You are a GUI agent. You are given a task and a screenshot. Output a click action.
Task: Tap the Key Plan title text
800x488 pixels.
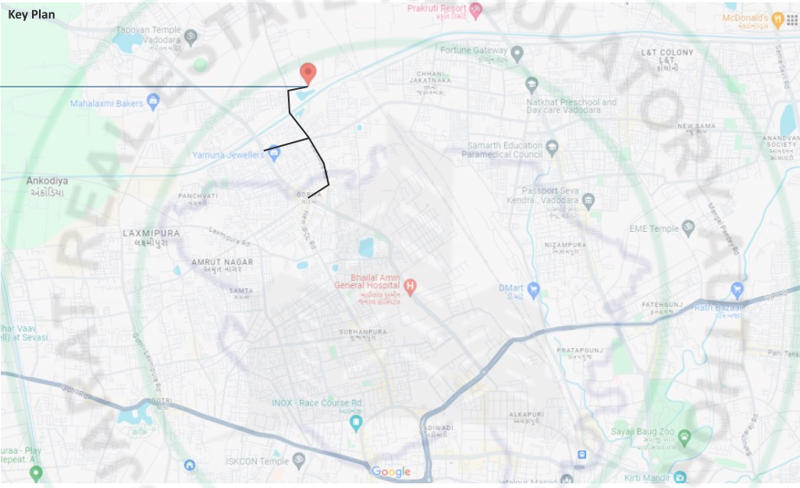click(x=31, y=15)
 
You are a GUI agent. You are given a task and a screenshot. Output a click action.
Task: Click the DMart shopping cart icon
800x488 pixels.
click(x=534, y=290)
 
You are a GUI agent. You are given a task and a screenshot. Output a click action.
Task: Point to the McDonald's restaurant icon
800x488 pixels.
click(x=777, y=18)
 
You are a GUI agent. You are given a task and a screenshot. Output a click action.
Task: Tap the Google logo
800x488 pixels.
click(x=391, y=472)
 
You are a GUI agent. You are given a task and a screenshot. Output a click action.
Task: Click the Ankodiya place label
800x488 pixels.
click(x=47, y=181)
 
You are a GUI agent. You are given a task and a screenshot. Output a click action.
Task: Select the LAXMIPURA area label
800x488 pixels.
click(x=151, y=233)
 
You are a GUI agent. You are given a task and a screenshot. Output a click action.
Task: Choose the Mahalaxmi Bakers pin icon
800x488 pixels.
click(x=153, y=101)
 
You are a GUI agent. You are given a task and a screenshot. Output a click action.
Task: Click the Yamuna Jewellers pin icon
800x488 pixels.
click(x=273, y=154)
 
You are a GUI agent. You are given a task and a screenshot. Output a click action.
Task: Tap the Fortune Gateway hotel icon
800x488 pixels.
click(x=517, y=53)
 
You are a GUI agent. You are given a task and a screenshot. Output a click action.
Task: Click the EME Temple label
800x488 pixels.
click(x=654, y=229)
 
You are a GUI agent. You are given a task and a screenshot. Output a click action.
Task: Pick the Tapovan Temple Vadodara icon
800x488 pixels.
click(x=191, y=37)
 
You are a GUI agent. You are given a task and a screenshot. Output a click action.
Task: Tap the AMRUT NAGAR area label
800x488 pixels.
click(x=222, y=262)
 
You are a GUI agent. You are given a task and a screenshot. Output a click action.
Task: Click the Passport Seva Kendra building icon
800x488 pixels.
click(x=588, y=201)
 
